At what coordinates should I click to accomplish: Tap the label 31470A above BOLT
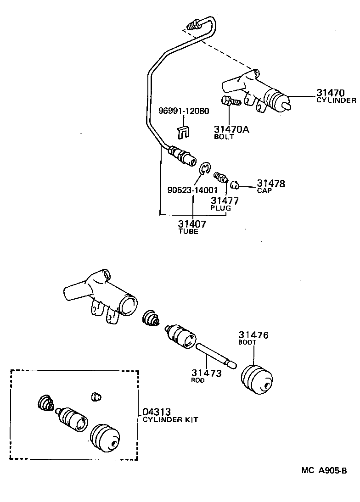pyautogui.click(x=231, y=129)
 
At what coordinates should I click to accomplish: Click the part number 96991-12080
pyautogui.click(x=184, y=111)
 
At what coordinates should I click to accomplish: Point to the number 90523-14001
pyautogui.click(x=192, y=190)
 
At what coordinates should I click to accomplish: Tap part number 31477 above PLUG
pyautogui.click(x=225, y=200)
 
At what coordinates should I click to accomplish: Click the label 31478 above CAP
pyautogui.click(x=271, y=184)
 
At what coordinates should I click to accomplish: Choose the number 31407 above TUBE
pyautogui.click(x=192, y=224)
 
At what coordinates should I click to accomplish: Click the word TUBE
pyautogui.click(x=188, y=232)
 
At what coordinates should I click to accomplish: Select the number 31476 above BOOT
pyautogui.click(x=253, y=335)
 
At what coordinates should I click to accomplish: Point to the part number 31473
pyautogui.click(x=207, y=373)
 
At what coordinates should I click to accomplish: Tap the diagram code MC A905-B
pyautogui.click(x=323, y=470)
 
